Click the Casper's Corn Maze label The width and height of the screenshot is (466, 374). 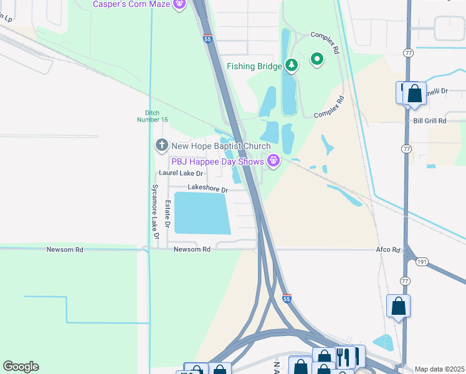(x=132, y=4)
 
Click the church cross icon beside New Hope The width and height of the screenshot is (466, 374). (x=161, y=146)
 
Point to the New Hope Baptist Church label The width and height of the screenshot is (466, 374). (x=221, y=146)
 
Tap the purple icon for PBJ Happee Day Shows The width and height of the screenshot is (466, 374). (x=273, y=162)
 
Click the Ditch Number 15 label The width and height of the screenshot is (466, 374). (x=153, y=117)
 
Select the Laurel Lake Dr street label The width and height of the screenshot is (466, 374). (x=181, y=173)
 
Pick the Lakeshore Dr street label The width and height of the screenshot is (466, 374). (x=208, y=188)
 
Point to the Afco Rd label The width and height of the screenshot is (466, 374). (x=387, y=249)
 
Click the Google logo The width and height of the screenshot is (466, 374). (x=21, y=367)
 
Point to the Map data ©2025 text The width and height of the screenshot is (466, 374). (x=439, y=369)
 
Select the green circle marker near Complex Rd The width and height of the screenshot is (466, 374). (x=317, y=60)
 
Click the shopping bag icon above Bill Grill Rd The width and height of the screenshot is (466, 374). (x=414, y=95)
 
